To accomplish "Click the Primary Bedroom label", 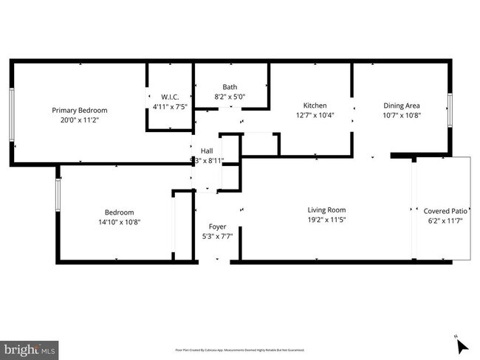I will coord(79,110).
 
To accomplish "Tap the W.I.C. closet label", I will coord(170,97).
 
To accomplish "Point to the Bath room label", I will coord(230,86).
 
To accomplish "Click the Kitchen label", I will coord(315,105).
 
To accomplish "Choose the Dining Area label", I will coord(402,105).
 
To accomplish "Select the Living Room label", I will coord(326,210).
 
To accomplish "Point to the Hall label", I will coord(207,150).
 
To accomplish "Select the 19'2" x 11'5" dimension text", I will coord(326,219).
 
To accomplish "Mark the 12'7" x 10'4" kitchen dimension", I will coord(315,115).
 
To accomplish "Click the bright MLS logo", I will coord(30,347).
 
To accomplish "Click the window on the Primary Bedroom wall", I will coord(11,115).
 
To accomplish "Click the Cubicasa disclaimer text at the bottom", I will coord(239,350).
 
